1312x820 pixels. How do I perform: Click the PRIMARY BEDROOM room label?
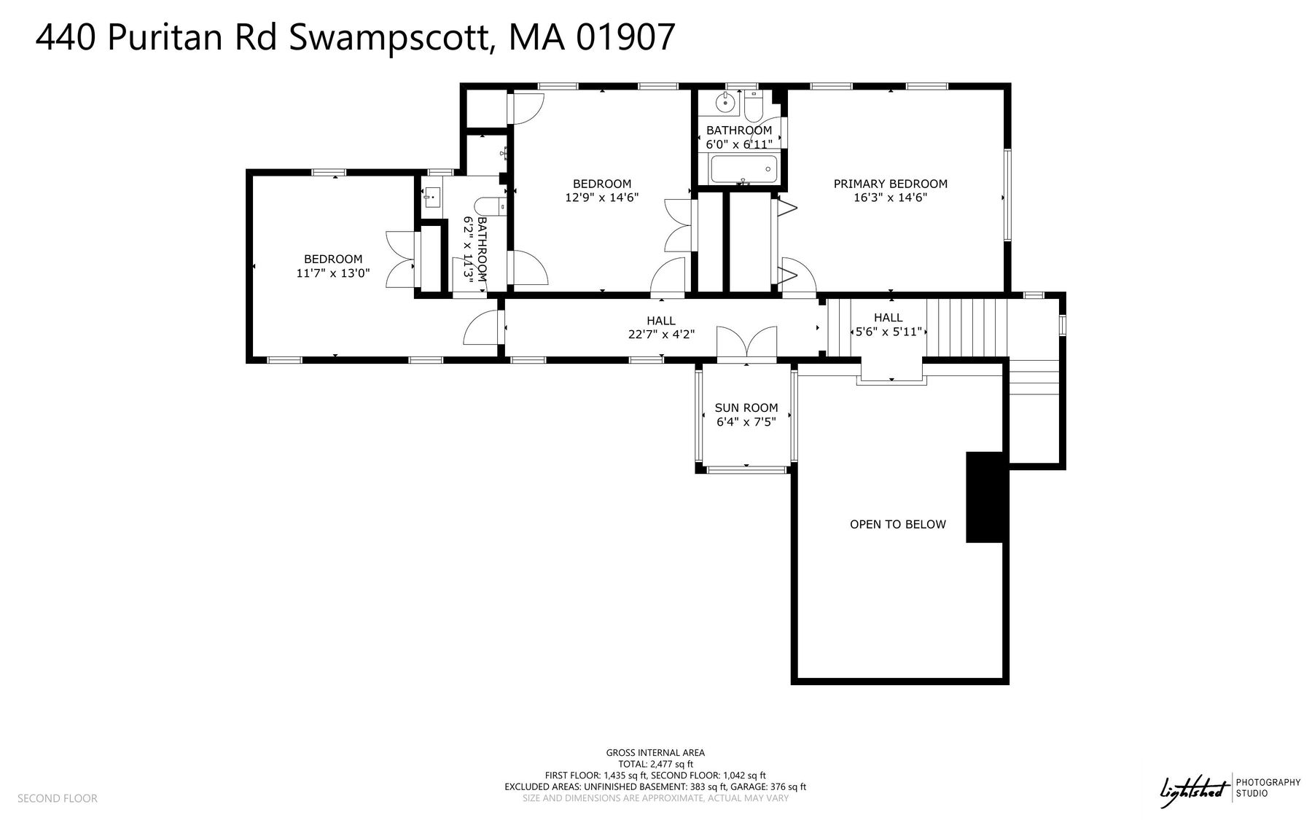(x=890, y=184)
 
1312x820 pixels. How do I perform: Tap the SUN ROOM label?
(x=746, y=408)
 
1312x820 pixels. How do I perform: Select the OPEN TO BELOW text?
(x=898, y=524)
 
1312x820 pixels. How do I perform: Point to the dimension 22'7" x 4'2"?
(x=661, y=335)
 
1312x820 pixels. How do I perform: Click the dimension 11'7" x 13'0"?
(x=333, y=273)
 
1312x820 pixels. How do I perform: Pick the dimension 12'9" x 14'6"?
(x=602, y=197)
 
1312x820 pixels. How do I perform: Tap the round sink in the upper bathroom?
(x=725, y=104)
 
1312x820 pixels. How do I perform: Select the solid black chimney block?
(x=986, y=497)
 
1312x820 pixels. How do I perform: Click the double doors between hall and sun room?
(x=747, y=343)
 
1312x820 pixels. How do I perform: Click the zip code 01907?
(x=625, y=37)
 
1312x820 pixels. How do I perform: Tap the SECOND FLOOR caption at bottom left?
(x=57, y=798)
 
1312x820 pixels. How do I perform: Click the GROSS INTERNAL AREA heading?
(x=655, y=753)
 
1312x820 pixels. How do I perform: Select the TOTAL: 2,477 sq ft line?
(x=655, y=764)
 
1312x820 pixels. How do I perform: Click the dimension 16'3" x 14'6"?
(x=890, y=197)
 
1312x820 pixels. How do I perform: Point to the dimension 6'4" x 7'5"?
(x=746, y=421)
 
